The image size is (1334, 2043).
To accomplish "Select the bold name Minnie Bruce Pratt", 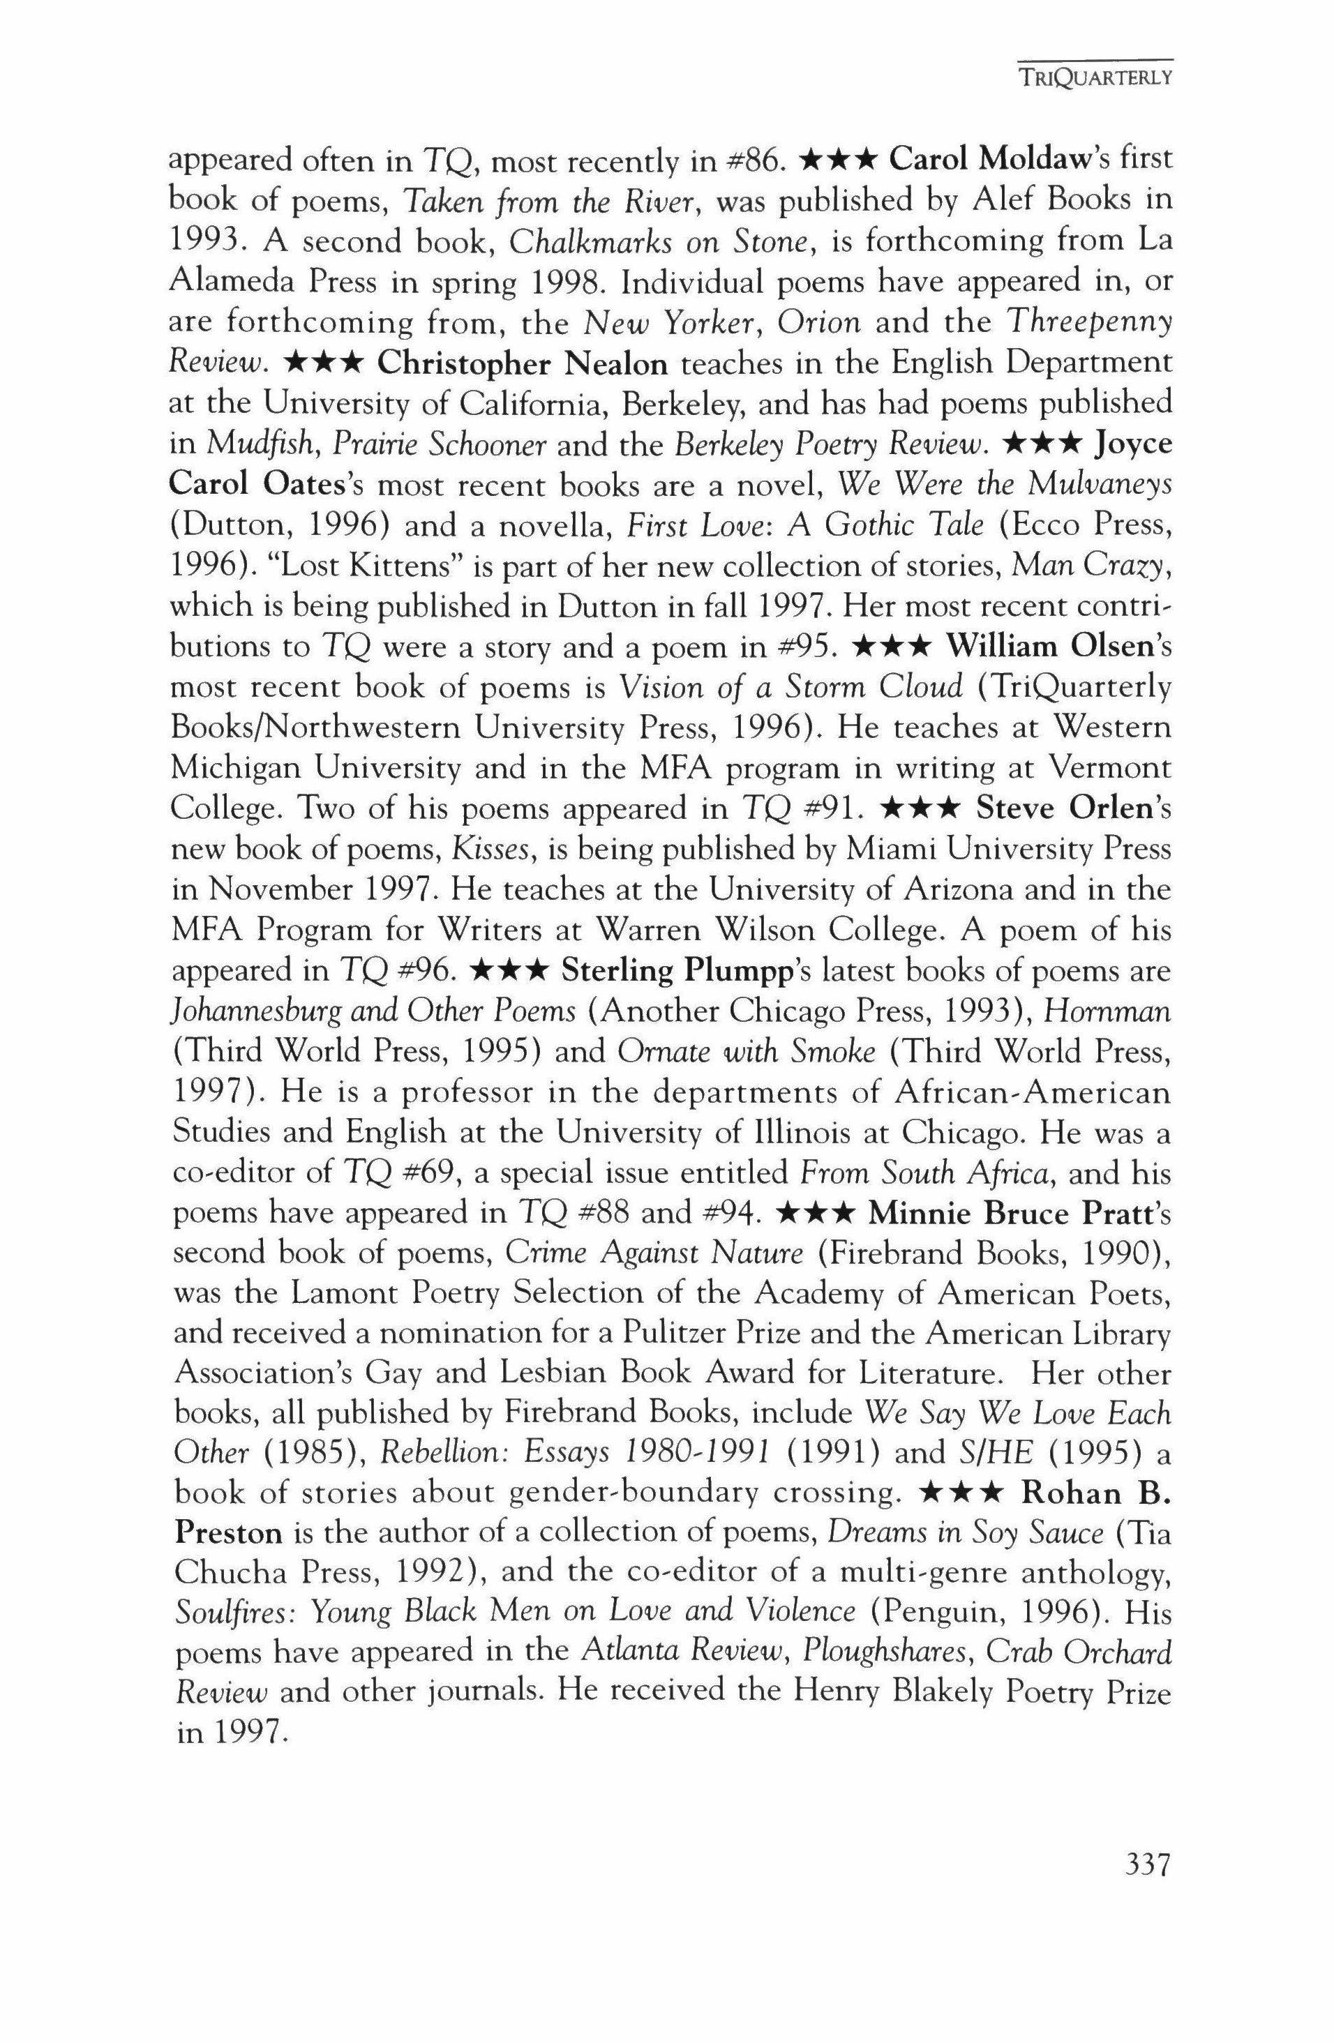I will [x=994, y=1214].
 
